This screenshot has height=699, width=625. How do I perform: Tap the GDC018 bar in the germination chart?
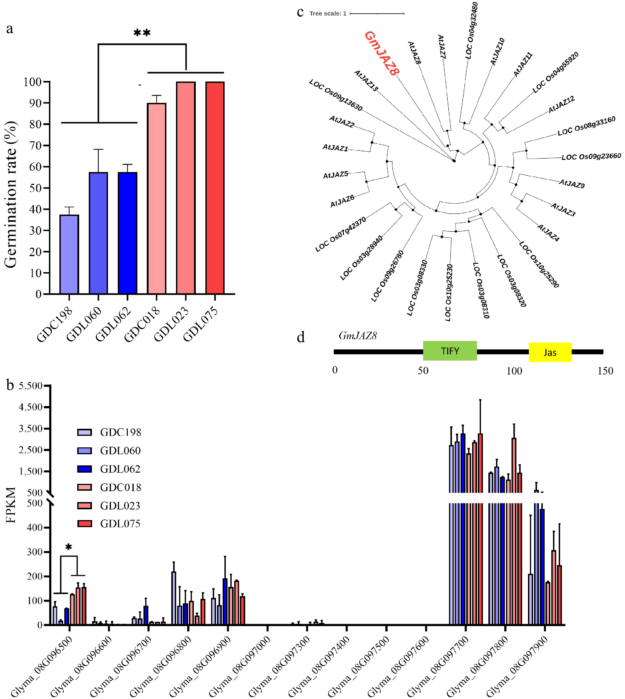(157, 199)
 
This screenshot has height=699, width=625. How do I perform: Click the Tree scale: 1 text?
(328, 14)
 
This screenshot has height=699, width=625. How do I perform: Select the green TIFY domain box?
(450, 351)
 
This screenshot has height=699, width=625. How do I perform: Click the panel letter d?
(301, 337)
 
